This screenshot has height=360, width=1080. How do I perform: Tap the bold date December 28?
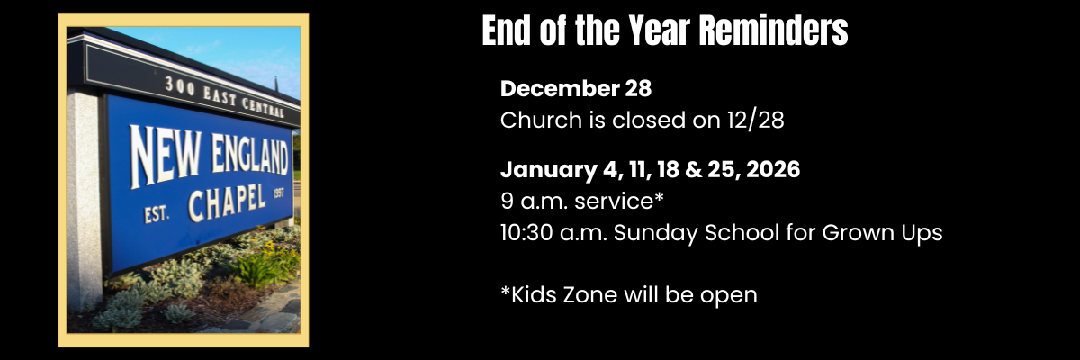576,89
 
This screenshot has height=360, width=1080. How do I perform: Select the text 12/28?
755,121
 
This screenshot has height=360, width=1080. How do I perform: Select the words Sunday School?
691,233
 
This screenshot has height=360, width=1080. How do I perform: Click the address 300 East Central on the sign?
229,96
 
